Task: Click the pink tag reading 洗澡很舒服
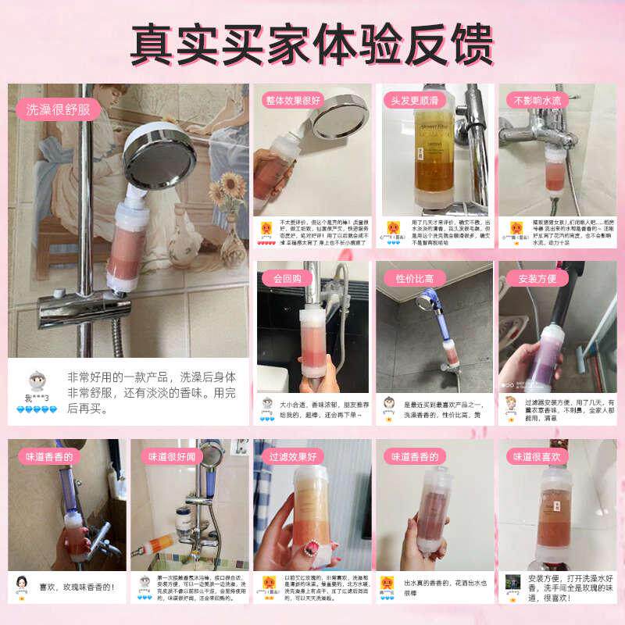(59, 109)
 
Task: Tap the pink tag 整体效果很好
(293, 100)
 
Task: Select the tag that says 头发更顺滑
(413, 100)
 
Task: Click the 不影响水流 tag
(534, 100)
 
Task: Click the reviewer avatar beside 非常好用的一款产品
(36, 382)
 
